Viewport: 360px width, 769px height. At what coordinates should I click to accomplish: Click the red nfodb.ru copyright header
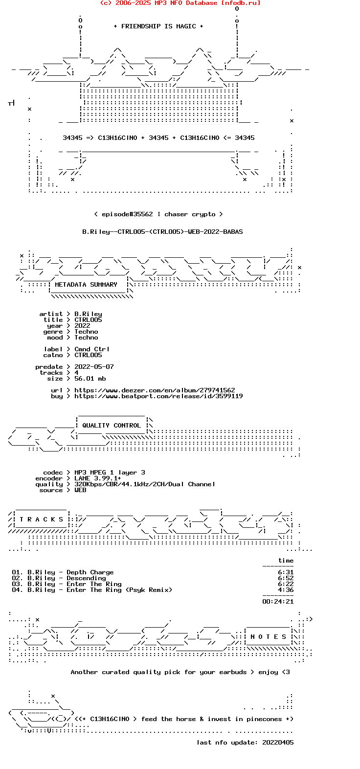(x=180, y=3)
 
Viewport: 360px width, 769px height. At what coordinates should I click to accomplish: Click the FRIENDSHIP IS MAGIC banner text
(x=158, y=26)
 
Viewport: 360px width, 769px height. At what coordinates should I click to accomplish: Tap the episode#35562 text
(x=127, y=214)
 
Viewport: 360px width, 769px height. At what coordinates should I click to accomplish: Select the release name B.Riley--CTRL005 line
(x=162, y=232)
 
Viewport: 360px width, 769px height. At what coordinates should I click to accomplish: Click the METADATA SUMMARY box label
(x=86, y=285)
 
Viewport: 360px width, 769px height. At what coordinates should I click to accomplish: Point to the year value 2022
(x=82, y=326)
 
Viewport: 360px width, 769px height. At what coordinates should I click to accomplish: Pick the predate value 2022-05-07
(x=94, y=367)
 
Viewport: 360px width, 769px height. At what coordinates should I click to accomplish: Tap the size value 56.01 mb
(x=90, y=378)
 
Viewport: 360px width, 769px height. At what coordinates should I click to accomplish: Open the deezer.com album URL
(x=155, y=390)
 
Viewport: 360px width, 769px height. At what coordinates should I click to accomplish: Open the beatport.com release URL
(x=158, y=396)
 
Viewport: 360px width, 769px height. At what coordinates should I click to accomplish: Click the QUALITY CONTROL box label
(x=112, y=426)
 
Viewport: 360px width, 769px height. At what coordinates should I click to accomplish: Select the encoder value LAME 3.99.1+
(x=98, y=478)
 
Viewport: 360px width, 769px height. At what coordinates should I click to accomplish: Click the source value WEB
(x=80, y=490)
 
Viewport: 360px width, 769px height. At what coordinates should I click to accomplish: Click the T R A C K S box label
(x=41, y=520)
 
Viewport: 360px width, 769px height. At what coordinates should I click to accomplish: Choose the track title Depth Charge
(x=90, y=572)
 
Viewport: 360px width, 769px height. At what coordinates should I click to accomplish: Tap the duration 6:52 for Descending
(x=286, y=578)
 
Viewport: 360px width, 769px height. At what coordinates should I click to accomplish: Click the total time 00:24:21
(x=278, y=602)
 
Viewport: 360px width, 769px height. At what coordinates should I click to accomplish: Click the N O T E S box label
(x=268, y=637)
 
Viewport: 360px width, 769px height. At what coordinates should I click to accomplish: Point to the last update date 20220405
(x=278, y=742)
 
